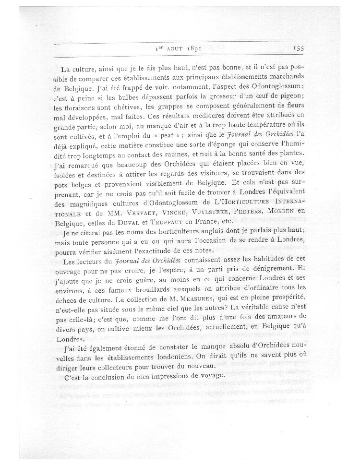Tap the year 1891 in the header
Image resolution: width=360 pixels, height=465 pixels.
click(x=191, y=48)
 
